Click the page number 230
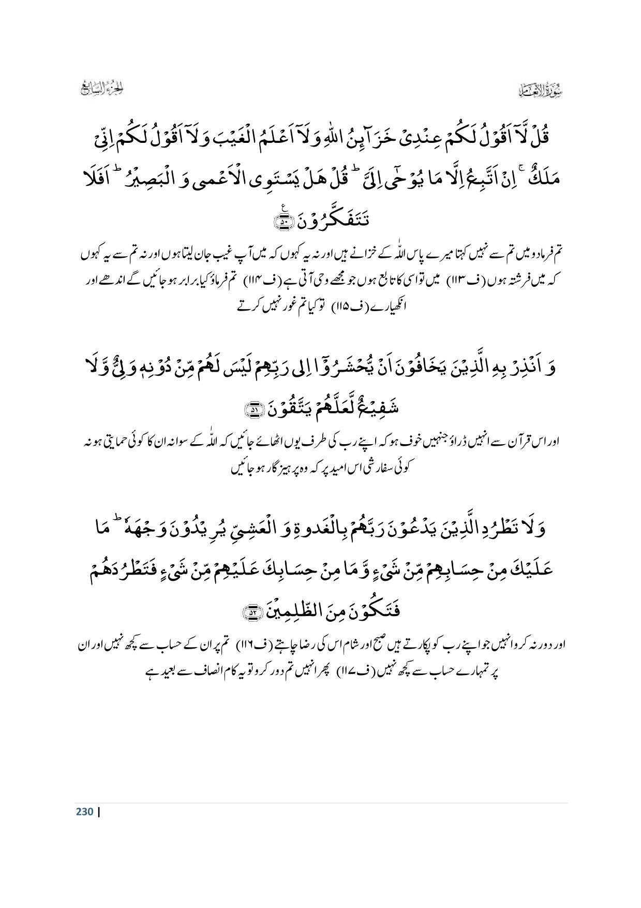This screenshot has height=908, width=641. point(84,811)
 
